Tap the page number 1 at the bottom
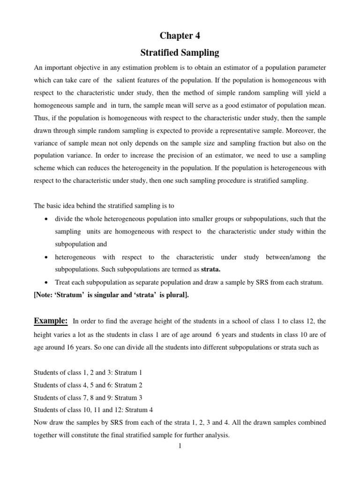coord(180,446)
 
